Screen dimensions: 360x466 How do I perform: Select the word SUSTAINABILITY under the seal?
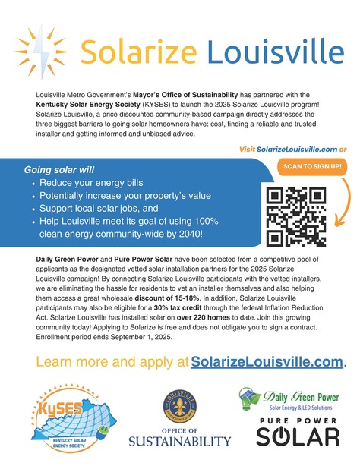click(179, 441)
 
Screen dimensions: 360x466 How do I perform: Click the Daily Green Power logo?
click(289, 398)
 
